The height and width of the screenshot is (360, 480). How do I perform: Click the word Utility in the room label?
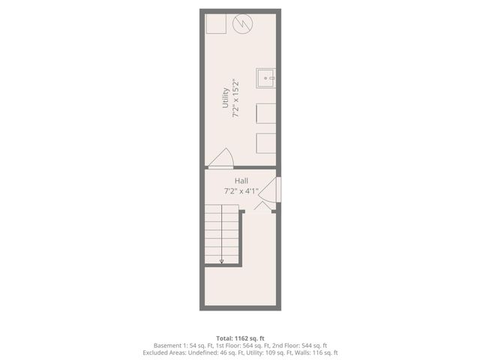click(226, 97)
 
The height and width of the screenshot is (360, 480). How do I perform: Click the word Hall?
click(241, 181)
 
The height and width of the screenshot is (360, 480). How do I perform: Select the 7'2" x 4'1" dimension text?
click(241, 190)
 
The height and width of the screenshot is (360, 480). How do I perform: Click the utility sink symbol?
click(266, 77)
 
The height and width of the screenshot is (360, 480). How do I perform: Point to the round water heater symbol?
click(242, 25)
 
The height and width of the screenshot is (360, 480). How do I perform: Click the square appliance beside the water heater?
click(216, 24)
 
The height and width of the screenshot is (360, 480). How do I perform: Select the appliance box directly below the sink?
click(267, 113)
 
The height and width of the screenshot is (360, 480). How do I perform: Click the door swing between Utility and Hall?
click(222, 159)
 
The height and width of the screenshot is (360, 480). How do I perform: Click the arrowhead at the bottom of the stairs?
click(221, 261)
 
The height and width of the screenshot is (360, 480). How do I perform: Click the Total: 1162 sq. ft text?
click(239, 338)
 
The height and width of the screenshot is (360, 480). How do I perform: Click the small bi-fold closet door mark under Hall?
click(263, 204)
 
